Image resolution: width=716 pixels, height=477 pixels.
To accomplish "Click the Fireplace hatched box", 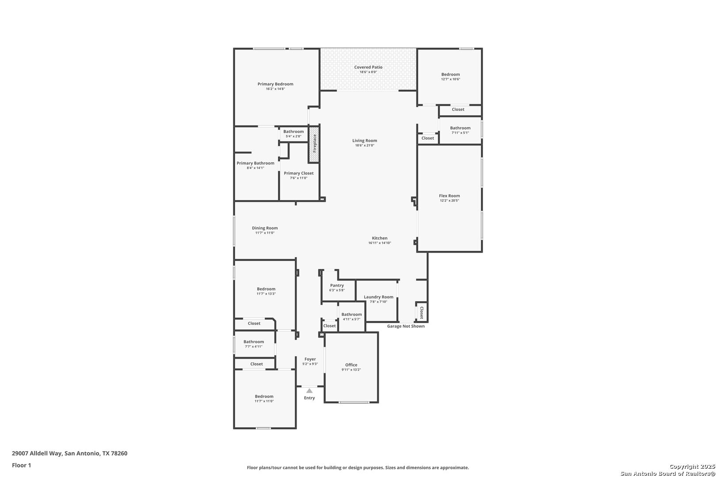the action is coord(314,144).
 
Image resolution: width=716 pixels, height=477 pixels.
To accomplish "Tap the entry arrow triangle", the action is coord(309,391).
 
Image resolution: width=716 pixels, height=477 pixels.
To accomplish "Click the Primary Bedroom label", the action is coord(275,84).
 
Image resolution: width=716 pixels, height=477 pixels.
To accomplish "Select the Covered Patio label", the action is coord(368,67).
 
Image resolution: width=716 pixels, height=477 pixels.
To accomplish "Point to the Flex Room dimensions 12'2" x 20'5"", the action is coord(449,201).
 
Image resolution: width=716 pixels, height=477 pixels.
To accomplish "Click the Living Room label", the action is coord(365,140).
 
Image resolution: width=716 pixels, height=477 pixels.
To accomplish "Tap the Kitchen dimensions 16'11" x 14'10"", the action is coord(380,243).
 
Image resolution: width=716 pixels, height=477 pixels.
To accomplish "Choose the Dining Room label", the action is coord(265,228).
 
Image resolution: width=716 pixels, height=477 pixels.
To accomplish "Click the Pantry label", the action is coord(337,285).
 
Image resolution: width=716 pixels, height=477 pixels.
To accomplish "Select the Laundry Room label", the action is coord(378,297).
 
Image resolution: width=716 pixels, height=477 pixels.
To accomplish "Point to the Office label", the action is coord(351,365).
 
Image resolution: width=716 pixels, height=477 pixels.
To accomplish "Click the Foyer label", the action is coord(310,359).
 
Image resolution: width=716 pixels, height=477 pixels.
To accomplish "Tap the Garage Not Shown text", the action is coord(406,326).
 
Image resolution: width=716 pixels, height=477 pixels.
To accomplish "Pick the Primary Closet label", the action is coord(299,173).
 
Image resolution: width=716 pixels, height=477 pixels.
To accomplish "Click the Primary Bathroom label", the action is coord(255,163).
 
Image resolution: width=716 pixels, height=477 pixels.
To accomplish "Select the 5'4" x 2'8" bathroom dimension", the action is coord(293,136).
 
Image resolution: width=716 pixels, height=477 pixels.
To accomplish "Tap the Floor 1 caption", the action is coord(21,465).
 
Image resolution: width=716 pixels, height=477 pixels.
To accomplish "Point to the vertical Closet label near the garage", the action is coord(422,312).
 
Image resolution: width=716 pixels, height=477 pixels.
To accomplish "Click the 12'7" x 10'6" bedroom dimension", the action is coord(451,79).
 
